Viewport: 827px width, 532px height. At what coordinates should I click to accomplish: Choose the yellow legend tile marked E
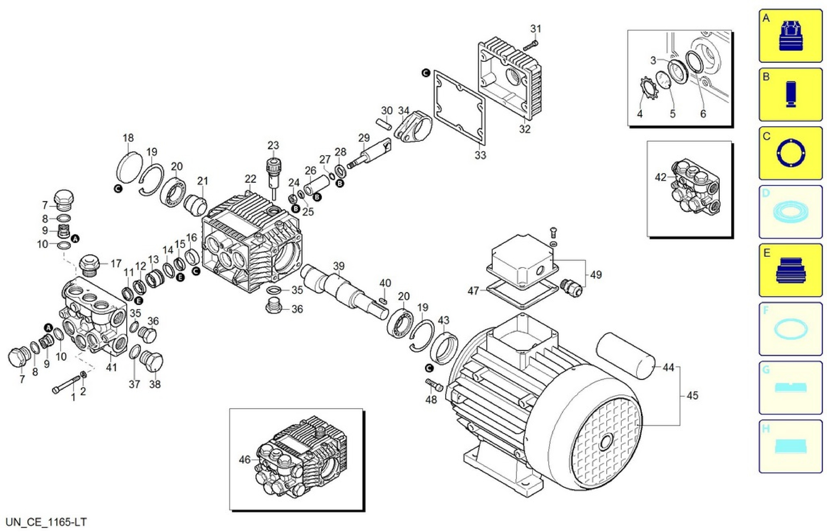[790, 270]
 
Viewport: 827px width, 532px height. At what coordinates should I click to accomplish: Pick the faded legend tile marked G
[790, 387]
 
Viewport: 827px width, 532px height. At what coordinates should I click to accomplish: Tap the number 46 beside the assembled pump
[245, 460]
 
